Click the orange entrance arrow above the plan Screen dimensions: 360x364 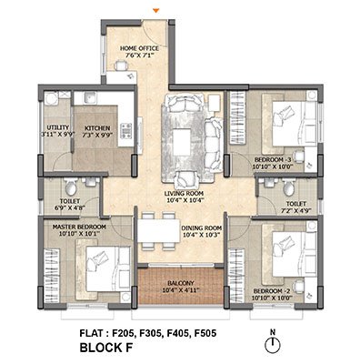coord(155,11)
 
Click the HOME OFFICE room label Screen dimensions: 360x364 coord(139,48)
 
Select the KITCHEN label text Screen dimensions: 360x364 coord(97,128)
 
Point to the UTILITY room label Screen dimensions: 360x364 coord(57,127)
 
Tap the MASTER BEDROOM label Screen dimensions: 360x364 coord(79,227)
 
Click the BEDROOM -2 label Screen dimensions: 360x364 coord(272,291)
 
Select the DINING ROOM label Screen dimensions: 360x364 coord(202,228)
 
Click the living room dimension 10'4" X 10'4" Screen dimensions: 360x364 coord(184,200)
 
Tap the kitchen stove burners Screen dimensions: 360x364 coord(126,130)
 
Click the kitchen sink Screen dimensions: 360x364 coord(90,98)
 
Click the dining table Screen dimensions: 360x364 coord(159,230)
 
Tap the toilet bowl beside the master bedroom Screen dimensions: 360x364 coord(71,187)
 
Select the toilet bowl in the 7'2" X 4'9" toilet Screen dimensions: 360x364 coord(288,187)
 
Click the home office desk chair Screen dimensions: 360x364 coord(121,66)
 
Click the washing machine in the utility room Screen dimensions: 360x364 coord(51,98)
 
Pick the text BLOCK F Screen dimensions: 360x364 coord(106,348)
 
